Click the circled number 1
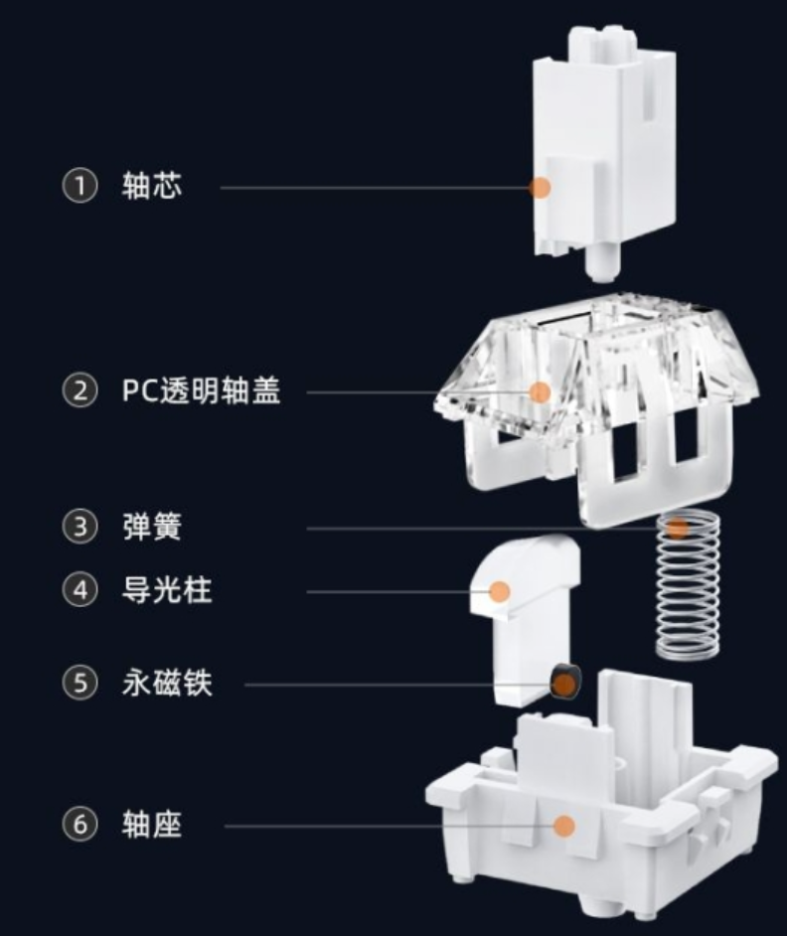pos(80,187)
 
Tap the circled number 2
pos(80,390)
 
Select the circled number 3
pos(80,527)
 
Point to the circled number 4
pos(80,591)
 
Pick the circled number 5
pos(80,684)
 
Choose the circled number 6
pos(80,825)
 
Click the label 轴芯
pos(152,187)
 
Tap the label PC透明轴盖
pos(202,390)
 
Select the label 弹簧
pos(152,527)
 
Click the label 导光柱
pos(167,591)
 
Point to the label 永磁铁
pos(167,684)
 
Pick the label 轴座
pos(152,825)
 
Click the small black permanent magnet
pos(563,682)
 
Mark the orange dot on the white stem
pos(540,187)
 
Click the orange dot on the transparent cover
pos(539,391)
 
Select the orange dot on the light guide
pos(500,592)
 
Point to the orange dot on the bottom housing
pos(563,825)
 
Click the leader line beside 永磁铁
pos(397,684)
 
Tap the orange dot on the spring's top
pos(678,528)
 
